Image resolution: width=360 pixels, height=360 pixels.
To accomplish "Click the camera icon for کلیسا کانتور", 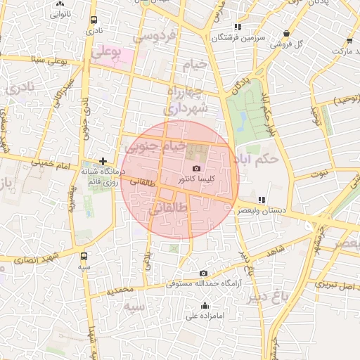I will [196, 168].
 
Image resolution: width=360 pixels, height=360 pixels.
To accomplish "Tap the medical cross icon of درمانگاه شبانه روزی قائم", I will [103, 161].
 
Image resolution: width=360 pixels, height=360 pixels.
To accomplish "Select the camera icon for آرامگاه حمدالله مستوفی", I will [203, 274].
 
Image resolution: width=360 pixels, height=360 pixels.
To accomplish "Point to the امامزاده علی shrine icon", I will [205, 305].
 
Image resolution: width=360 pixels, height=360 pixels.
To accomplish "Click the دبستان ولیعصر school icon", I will [262, 200].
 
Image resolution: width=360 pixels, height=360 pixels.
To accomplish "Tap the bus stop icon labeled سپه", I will [84, 257].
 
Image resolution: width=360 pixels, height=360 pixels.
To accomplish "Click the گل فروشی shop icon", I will [286, 33].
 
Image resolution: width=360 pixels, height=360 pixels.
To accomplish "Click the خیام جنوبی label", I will [155, 147].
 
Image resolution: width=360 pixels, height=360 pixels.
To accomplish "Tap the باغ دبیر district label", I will [268, 296].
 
